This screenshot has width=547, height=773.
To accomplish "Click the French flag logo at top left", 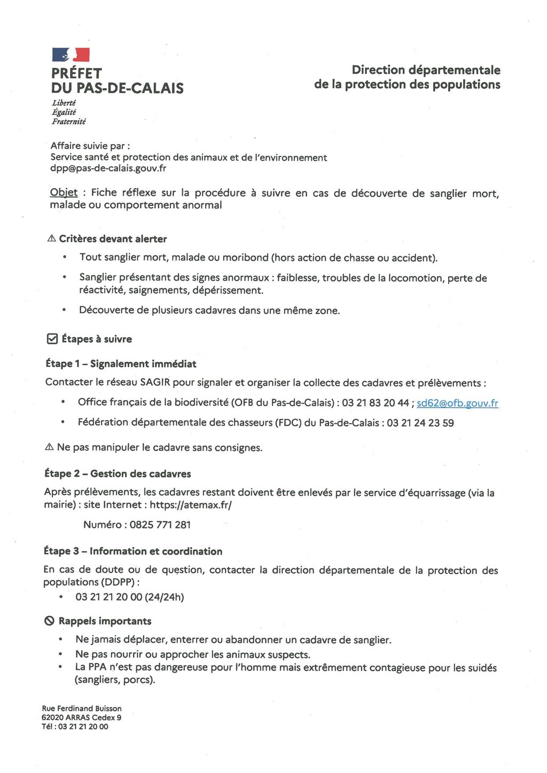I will (71, 54).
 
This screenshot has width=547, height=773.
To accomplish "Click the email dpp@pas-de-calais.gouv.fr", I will (108, 168).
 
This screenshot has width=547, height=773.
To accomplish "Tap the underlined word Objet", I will (64, 192).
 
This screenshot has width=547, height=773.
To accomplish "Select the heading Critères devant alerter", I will (113, 239).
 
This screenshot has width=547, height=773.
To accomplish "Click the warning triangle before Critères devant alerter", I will (52, 238).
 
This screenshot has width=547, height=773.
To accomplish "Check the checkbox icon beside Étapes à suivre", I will (52, 339).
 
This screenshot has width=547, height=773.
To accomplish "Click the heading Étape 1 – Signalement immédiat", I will (121, 364).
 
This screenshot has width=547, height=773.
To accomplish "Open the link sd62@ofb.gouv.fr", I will (457, 403).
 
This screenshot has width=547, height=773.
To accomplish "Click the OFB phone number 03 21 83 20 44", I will (376, 403).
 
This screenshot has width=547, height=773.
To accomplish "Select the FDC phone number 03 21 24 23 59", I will (420, 423).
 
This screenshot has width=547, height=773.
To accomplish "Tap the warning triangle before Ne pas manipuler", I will (50, 447).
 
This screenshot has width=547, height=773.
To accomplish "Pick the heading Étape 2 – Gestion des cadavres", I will (118, 474).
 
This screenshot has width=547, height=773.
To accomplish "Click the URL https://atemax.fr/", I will (191, 505).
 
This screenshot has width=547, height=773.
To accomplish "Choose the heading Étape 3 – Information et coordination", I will (133, 551).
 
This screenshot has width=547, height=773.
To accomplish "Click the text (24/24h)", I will (165, 597).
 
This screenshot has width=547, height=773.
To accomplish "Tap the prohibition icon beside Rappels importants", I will (49, 621).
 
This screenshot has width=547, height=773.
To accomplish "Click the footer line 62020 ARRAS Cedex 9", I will (81, 717).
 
